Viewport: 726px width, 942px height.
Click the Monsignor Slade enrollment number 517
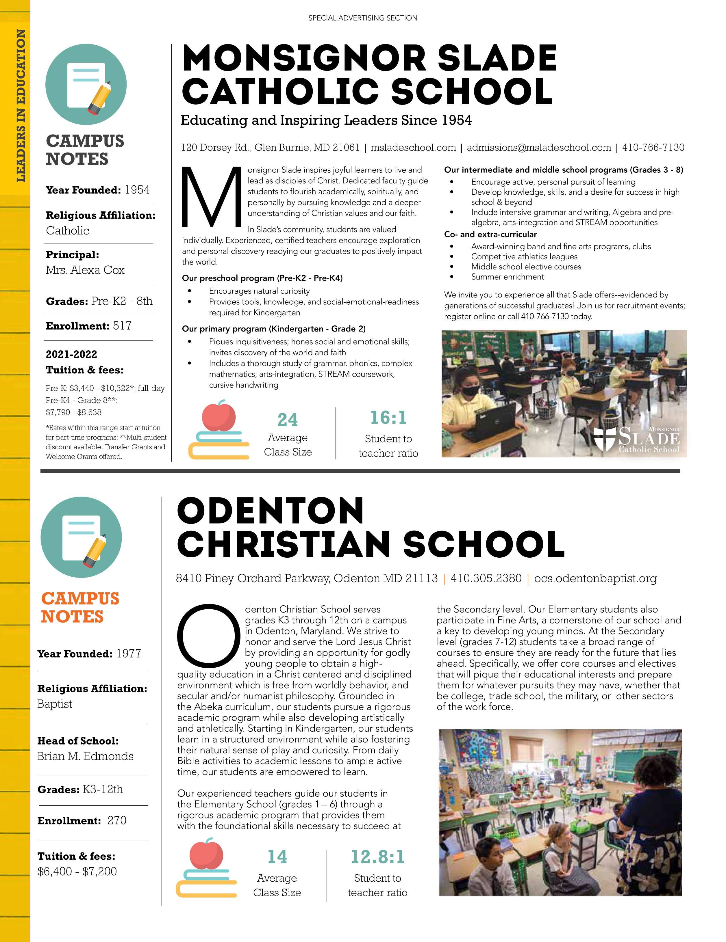click(122, 326)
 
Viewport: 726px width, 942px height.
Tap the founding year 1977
click(129, 654)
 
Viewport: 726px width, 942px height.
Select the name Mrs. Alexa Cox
click(85, 270)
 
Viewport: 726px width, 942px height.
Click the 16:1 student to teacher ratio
click(388, 418)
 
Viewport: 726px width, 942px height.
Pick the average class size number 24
click(288, 420)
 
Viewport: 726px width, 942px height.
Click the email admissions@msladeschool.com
click(539, 148)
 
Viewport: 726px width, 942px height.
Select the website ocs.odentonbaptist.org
click(595, 578)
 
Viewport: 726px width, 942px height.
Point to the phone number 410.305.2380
click(486, 578)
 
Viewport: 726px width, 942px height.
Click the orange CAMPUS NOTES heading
click(80, 607)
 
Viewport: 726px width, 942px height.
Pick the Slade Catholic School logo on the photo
click(637, 440)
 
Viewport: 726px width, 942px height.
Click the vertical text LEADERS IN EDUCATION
click(20, 106)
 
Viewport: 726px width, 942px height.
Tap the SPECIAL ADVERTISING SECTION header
click(363, 18)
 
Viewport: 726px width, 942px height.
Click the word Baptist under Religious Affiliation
click(55, 704)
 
